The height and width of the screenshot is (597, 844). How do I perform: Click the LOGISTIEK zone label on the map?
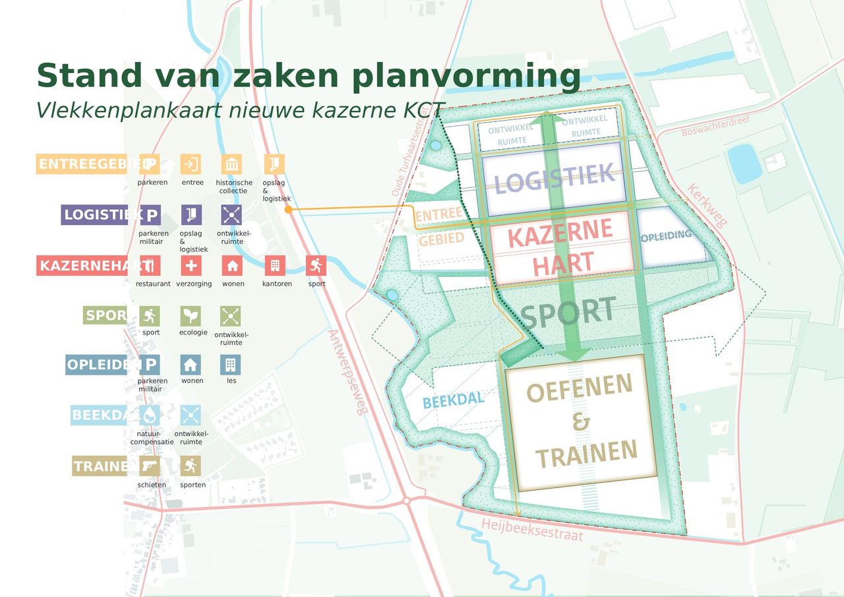tap(554, 178)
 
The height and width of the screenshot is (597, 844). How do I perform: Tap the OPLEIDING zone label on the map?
tap(666, 235)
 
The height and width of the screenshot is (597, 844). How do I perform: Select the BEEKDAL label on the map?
tap(454, 400)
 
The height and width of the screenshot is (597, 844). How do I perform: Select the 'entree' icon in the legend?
tap(191, 164)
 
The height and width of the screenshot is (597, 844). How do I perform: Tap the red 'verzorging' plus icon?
tap(191, 266)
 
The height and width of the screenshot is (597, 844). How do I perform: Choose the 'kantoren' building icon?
tap(274, 266)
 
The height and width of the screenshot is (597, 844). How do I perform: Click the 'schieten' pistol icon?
tap(151, 466)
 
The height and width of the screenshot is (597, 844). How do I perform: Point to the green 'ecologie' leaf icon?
tap(191, 315)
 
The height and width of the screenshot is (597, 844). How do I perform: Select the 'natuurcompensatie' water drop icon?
tap(150, 415)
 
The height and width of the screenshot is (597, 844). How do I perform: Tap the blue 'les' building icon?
tap(231, 364)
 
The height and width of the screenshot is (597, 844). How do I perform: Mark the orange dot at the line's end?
tap(288, 209)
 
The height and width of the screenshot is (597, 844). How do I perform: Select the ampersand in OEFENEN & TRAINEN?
tap(581, 422)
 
